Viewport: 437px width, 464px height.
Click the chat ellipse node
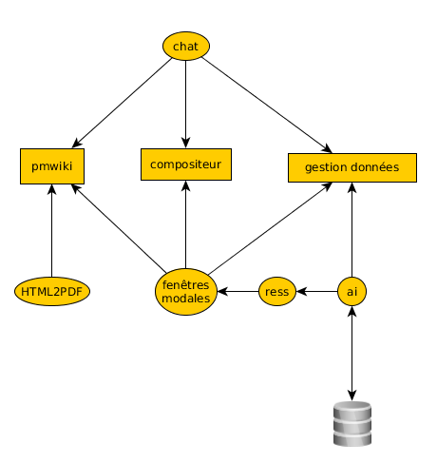click(x=186, y=46)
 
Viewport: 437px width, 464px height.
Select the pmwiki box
click(x=52, y=166)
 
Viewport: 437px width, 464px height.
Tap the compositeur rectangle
click(x=186, y=164)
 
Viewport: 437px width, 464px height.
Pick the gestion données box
click(x=352, y=167)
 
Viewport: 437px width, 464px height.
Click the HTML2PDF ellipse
click(x=52, y=291)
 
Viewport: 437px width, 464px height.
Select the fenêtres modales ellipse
click(x=186, y=292)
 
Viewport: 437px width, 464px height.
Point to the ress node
click(x=277, y=291)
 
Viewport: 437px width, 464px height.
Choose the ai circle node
click(x=351, y=291)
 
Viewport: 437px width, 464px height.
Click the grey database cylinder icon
click(x=352, y=423)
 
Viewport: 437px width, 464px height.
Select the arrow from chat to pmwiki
click(x=122, y=103)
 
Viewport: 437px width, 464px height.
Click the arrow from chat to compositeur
click(x=186, y=105)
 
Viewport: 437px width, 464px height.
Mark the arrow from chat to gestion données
click(x=267, y=106)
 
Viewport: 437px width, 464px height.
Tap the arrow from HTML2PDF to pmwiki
click(x=52, y=230)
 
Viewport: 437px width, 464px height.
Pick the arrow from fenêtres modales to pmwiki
click(x=119, y=228)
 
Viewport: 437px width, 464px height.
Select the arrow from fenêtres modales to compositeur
click(x=186, y=224)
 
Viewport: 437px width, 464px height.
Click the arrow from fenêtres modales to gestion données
click(x=270, y=228)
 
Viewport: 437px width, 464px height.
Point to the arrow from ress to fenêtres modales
click(x=237, y=291)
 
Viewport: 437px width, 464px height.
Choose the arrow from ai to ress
click(x=316, y=291)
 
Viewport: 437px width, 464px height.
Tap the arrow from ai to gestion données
click(x=351, y=229)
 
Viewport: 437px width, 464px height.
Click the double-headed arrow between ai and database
click(x=351, y=354)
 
